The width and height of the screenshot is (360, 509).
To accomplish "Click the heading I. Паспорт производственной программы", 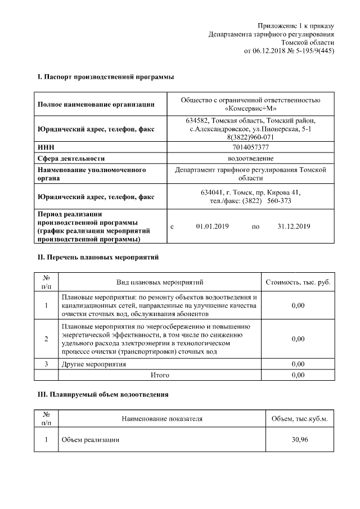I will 105,76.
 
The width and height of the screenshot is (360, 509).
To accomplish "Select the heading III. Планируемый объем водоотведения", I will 103,395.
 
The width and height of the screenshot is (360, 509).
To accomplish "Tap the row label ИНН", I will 45,147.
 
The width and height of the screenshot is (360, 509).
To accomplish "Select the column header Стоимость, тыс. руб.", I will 298,282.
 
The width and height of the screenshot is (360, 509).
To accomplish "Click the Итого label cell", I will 160,375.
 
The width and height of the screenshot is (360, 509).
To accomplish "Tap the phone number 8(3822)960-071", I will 250,137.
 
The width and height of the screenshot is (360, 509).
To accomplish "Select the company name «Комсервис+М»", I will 250,109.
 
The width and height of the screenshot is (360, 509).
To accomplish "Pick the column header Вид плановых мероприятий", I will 160,282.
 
